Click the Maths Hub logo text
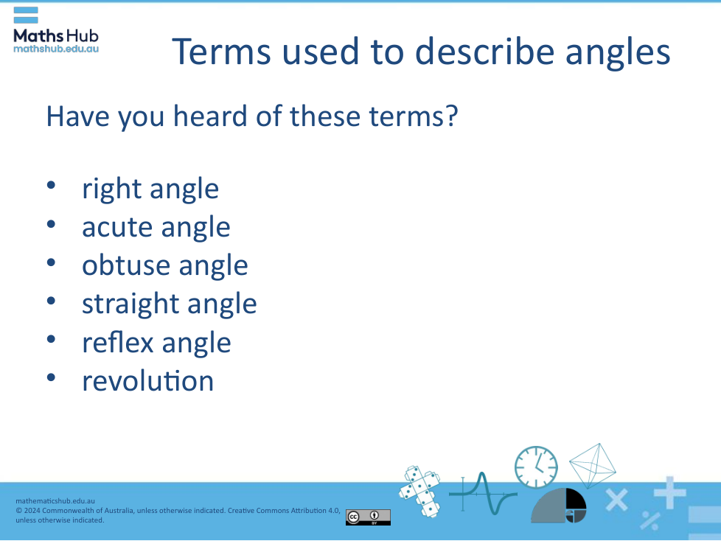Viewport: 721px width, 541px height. pyautogui.click(x=56, y=35)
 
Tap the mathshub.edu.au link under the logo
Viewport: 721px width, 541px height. pyautogui.click(x=56, y=49)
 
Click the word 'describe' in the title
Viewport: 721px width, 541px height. pyautogui.click(x=484, y=52)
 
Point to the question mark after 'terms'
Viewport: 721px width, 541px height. pyautogui.click(x=451, y=116)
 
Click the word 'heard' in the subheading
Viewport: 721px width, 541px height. pyautogui.click(x=211, y=116)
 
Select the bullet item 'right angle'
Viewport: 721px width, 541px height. pyautogui.click(x=150, y=189)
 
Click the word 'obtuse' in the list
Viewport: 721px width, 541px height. pyautogui.click(x=125, y=265)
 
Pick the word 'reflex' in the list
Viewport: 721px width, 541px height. pyautogui.click(x=117, y=343)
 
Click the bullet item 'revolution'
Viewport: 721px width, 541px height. pyautogui.click(x=148, y=381)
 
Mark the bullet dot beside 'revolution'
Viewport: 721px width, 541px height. pyautogui.click(x=51, y=378)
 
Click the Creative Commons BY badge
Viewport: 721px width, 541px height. pyautogui.click(x=368, y=517)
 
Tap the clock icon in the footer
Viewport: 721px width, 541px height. pyautogui.click(x=536, y=467)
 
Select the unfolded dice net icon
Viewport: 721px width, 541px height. pyautogui.click(x=419, y=491)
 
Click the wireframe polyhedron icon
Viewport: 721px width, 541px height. pyautogui.click(x=593, y=465)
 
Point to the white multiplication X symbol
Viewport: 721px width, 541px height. pyautogui.click(x=616, y=500)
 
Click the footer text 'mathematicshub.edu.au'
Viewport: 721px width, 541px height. pyautogui.click(x=55, y=501)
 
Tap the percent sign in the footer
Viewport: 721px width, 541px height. pyautogui.click(x=650, y=520)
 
